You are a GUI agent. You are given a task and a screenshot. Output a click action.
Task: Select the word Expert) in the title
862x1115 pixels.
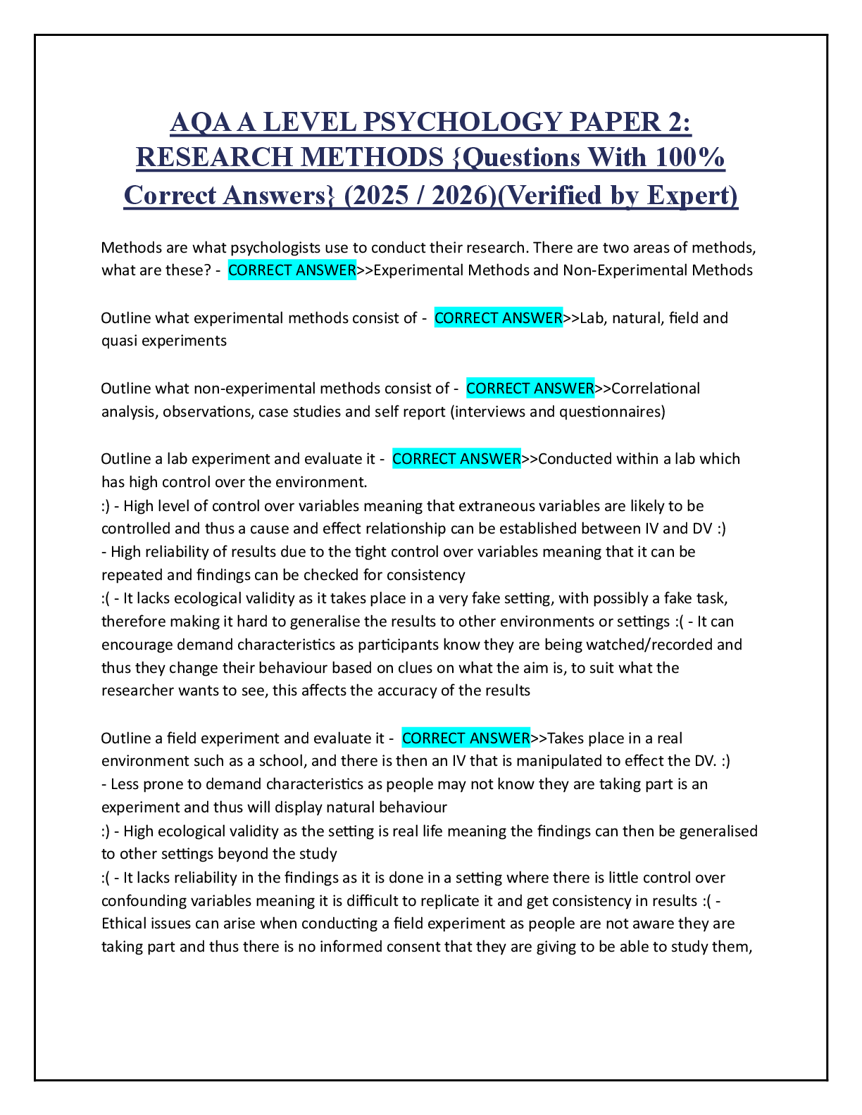click(x=692, y=196)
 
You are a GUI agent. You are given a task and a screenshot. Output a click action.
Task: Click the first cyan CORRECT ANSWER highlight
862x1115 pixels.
click(x=292, y=270)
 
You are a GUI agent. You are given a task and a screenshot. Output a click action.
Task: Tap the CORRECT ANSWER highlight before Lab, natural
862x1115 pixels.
click(x=498, y=318)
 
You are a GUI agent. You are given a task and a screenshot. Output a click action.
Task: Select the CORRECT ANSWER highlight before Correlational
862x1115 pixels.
click(x=530, y=389)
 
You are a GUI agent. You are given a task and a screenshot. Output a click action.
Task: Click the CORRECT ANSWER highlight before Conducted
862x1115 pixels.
click(x=456, y=459)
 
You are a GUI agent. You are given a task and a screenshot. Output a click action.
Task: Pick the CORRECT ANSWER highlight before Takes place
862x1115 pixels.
click(x=466, y=738)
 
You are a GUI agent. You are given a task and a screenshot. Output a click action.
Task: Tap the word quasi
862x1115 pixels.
click(x=119, y=341)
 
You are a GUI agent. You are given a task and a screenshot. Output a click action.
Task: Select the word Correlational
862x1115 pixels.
click(x=656, y=389)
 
